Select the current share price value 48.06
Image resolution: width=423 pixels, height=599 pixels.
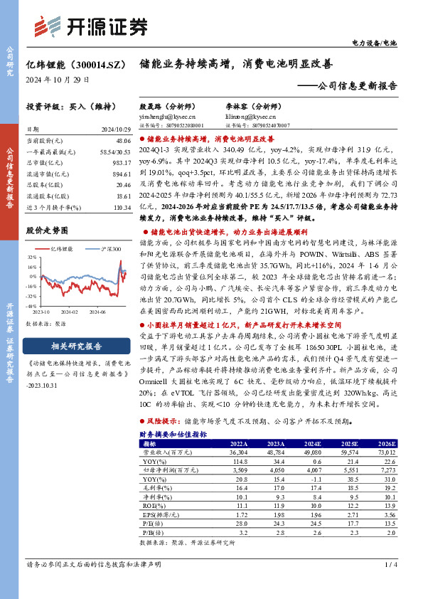click(123, 141)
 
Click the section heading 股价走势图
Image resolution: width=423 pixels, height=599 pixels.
click(46, 230)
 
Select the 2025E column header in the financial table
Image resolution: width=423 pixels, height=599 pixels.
click(350, 442)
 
